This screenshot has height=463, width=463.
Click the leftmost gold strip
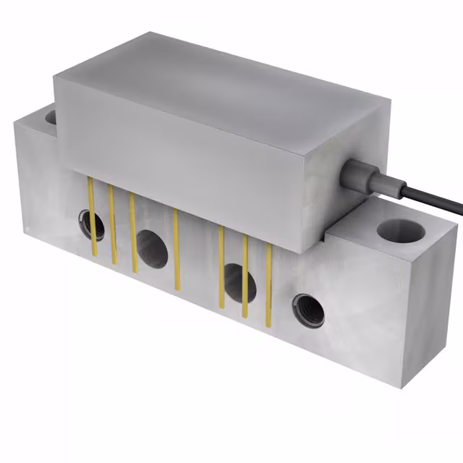pos(92,217)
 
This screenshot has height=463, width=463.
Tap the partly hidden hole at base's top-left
pos(51,116)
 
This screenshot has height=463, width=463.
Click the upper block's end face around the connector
pos(340,195)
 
